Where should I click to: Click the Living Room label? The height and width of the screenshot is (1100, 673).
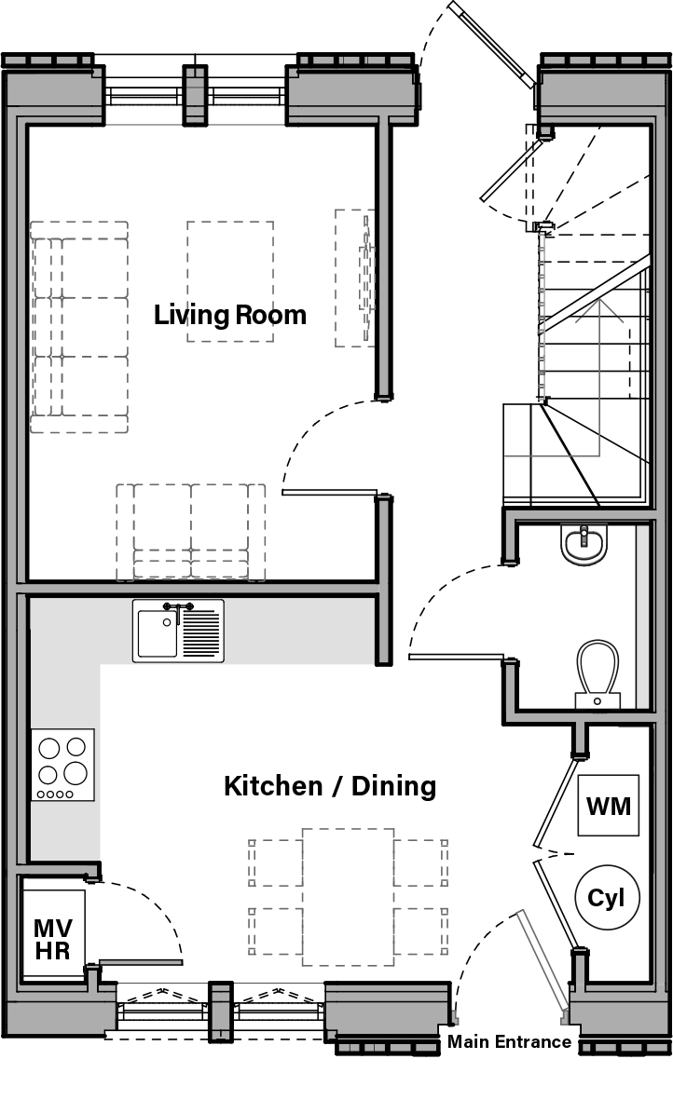click(229, 315)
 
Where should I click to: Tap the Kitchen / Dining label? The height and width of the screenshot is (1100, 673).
click(329, 785)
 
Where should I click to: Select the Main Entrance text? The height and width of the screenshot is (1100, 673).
click(509, 1041)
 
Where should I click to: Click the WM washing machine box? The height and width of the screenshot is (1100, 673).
click(609, 805)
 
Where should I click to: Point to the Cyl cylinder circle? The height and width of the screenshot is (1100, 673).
click(607, 899)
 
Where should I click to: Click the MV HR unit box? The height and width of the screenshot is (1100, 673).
click(52, 939)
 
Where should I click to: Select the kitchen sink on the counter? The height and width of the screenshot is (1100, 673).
click(178, 631)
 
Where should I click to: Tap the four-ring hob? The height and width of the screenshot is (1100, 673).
click(62, 765)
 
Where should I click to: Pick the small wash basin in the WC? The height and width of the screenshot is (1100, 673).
click(584, 545)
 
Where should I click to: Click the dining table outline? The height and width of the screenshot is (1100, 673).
click(348, 897)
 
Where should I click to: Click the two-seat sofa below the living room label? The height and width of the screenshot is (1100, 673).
click(191, 531)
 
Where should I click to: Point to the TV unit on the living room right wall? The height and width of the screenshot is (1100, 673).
click(355, 278)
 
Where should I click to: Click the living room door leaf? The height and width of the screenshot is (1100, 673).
click(329, 492)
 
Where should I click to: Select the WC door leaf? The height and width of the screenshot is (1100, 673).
click(456, 657)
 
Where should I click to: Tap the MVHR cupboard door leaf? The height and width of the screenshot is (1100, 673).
click(141, 962)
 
